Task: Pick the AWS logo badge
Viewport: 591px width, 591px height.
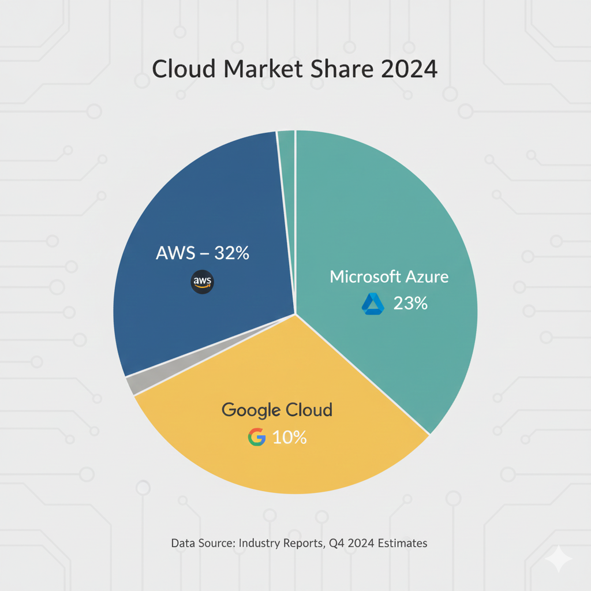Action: tap(202, 282)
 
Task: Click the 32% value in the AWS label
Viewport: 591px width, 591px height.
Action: tap(231, 253)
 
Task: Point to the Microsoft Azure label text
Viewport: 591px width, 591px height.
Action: tap(389, 276)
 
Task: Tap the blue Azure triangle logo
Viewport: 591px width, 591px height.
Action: tap(373, 304)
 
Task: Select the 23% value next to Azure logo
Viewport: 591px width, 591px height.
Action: tap(410, 304)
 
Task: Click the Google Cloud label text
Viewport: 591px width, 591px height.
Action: tap(277, 410)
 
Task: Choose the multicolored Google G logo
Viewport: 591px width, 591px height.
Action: tap(257, 437)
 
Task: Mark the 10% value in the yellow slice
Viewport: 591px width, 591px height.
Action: tap(289, 437)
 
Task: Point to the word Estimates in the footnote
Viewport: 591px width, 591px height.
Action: tap(402, 543)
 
